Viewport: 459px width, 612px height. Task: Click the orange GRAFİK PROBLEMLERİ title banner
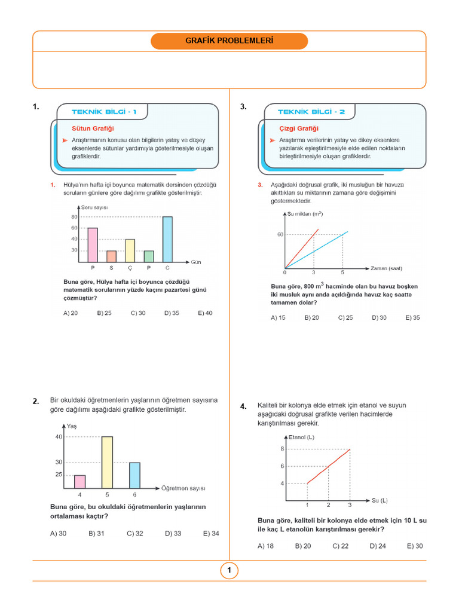[x=229, y=41]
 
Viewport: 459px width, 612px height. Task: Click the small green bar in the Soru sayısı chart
[x=148, y=256]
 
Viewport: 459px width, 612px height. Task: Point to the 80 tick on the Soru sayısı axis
[x=75, y=217]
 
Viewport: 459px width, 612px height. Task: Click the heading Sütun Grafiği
[x=93, y=128]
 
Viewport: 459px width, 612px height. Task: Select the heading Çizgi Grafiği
[x=299, y=128]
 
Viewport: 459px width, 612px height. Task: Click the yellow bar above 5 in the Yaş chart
[x=107, y=463]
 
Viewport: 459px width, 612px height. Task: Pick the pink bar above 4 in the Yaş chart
[x=79, y=481]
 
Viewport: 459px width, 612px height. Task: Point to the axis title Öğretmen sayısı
[x=183, y=488]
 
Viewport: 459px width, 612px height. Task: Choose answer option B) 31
[x=96, y=533]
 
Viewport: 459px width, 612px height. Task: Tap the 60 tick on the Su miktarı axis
[x=280, y=235]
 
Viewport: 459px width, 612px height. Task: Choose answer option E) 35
[x=412, y=317]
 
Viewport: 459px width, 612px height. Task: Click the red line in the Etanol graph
[x=329, y=466]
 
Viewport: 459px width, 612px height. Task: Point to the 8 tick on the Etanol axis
[x=282, y=448]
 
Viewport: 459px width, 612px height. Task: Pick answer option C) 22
[x=341, y=546]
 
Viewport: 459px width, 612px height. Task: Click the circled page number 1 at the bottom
[x=229, y=571]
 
